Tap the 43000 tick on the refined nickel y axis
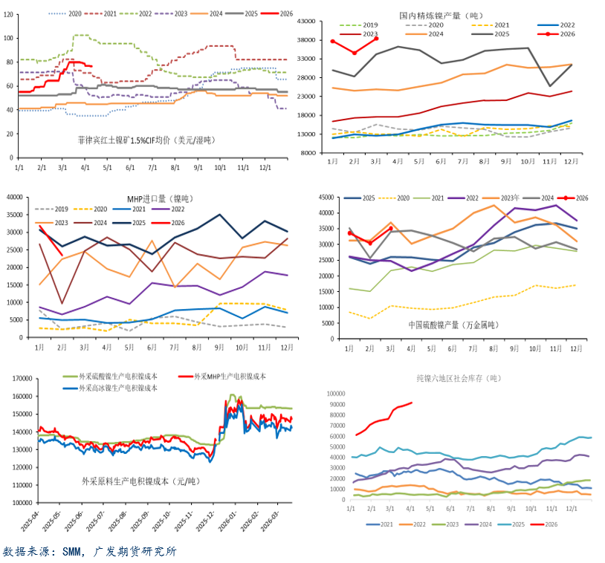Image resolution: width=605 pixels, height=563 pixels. point(310,21)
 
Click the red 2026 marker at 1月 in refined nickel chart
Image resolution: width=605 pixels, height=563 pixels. point(332,42)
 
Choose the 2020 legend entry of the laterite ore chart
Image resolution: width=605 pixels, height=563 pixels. point(69,13)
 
